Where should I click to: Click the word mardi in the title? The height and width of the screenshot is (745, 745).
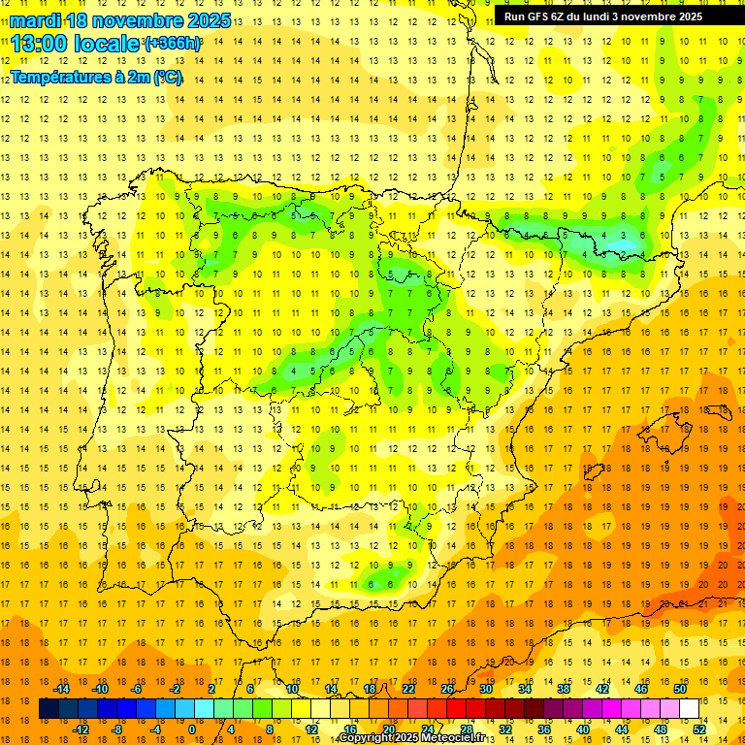(36, 20)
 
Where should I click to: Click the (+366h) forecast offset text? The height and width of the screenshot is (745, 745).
(173, 44)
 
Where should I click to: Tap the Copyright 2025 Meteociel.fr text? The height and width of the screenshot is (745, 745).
(410, 738)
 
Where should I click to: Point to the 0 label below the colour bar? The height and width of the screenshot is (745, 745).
(191, 729)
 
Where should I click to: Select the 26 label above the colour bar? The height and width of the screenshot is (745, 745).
(447, 689)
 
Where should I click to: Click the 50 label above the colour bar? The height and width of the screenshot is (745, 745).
(680, 689)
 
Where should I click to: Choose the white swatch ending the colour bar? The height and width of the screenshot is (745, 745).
(690, 709)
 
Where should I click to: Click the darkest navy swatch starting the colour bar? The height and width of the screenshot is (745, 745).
(49, 709)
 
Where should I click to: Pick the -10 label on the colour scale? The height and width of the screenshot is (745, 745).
(99, 689)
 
